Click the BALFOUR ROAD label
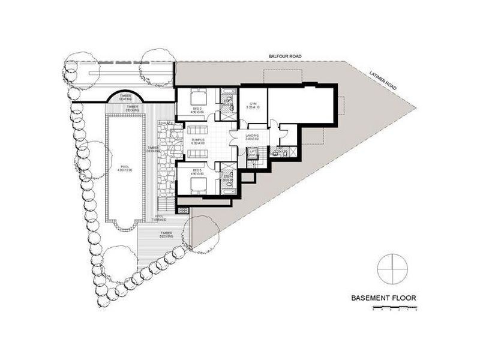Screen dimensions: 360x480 285,56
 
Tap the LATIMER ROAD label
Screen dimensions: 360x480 385,79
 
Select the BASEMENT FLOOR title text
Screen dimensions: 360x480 383,297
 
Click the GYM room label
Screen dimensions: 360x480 253,106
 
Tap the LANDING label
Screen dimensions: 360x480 252,137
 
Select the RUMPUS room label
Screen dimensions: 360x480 198,141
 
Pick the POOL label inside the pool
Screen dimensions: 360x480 125,169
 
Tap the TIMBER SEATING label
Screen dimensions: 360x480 125,97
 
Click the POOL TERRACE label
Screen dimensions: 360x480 160,218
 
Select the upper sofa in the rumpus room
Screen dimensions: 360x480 197,128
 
